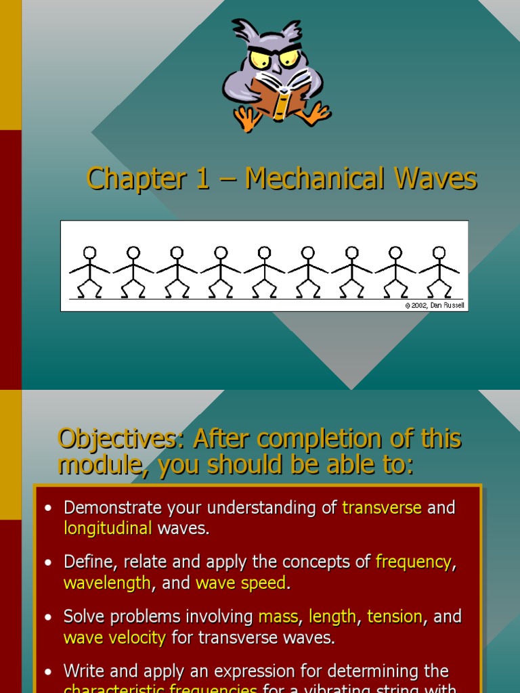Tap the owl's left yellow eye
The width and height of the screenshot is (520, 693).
(x=259, y=59)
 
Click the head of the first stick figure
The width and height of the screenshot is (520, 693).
(x=89, y=253)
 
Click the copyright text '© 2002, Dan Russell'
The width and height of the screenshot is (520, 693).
(x=435, y=306)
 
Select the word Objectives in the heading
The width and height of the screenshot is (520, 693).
(x=116, y=439)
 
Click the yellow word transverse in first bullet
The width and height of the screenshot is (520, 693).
(x=382, y=508)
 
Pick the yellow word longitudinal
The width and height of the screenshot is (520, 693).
(x=108, y=529)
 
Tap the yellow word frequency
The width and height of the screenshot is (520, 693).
(x=413, y=562)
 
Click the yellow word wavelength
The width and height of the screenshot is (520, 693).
(x=107, y=583)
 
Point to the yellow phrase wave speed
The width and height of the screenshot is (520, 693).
(x=240, y=583)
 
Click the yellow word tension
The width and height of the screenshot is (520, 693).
(x=395, y=617)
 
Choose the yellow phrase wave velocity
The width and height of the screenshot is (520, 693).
(x=114, y=638)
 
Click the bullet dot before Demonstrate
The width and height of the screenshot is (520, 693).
(x=47, y=508)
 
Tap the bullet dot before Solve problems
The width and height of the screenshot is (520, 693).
(x=47, y=617)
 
